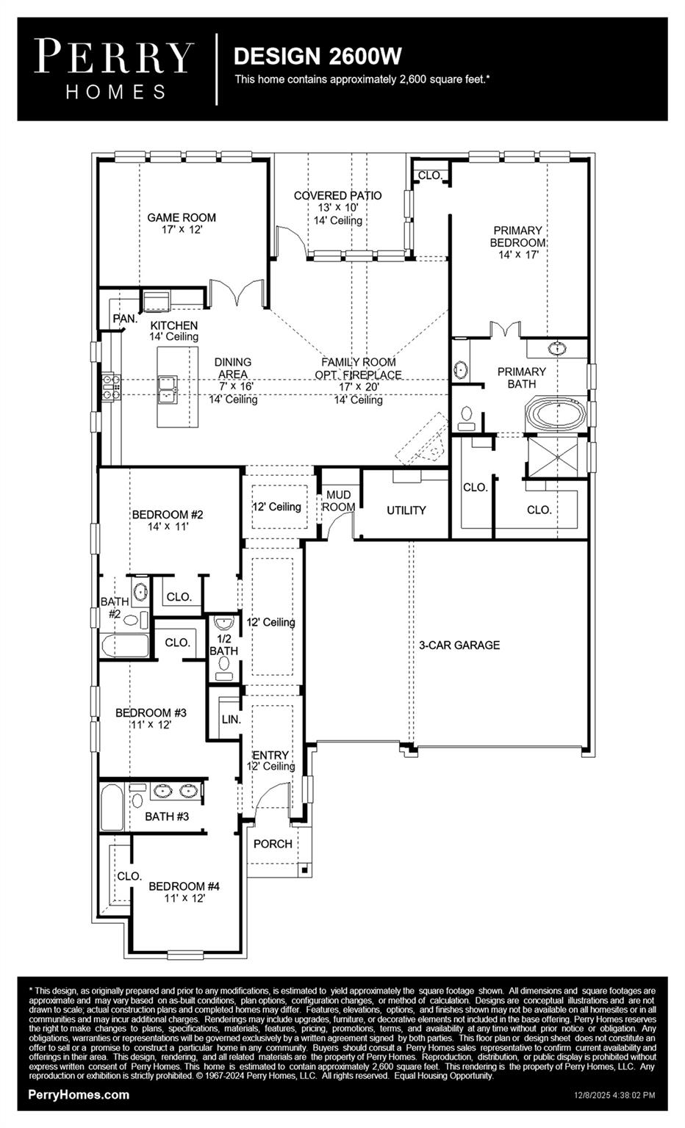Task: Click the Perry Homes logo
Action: (115, 69)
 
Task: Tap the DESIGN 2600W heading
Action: (318, 57)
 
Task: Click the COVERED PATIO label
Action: (337, 195)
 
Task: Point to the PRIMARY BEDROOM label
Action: (518, 236)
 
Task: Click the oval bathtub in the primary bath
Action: (556, 414)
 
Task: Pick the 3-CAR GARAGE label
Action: (459, 645)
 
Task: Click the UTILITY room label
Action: (406, 510)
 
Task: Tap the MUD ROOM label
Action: (338, 501)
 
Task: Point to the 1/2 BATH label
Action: (223, 645)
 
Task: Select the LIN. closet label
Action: (231, 719)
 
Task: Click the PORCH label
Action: (273, 844)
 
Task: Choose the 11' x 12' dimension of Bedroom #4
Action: (184, 897)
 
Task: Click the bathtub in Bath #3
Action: (112, 809)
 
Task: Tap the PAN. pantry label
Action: (124, 318)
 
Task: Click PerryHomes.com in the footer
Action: (79, 1094)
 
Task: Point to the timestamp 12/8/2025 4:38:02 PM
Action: (614, 1095)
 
